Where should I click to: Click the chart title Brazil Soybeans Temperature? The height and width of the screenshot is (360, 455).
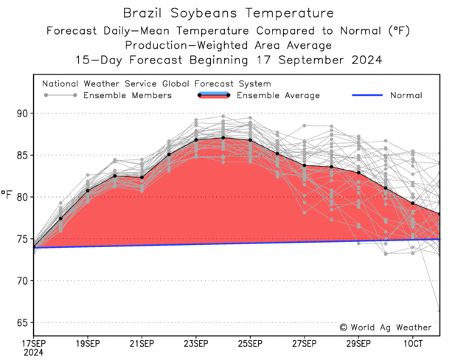[x=227, y=13]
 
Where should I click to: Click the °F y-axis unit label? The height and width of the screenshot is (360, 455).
[x=7, y=195]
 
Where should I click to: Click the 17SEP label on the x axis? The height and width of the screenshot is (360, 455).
[x=34, y=343]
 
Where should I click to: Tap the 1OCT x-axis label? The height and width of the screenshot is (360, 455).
[x=413, y=343]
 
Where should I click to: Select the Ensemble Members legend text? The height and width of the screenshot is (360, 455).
[x=127, y=95]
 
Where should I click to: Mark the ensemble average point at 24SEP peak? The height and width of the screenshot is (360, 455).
[x=223, y=137]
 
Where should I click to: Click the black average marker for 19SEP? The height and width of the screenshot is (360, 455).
[x=88, y=190]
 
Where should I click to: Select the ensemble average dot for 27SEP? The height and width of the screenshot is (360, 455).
[x=305, y=165]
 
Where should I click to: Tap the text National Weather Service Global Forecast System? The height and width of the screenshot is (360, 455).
[x=156, y=84]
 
